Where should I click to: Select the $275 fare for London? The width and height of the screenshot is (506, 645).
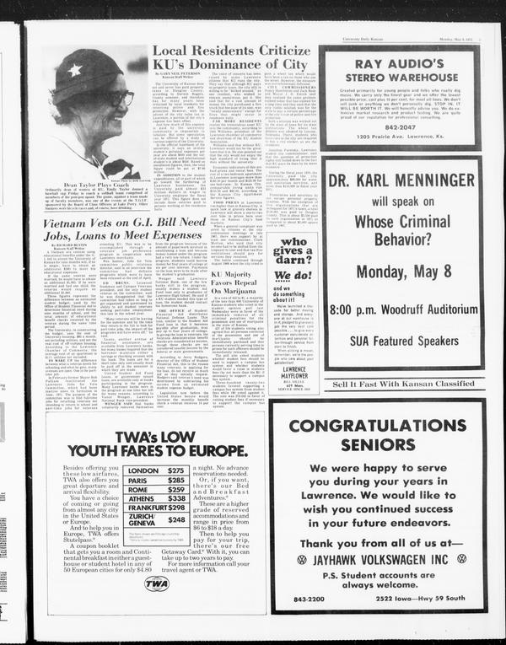[x=175, y=470]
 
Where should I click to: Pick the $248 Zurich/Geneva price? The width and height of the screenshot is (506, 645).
[x=176, y=520]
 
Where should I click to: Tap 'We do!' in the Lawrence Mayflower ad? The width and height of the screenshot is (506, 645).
[x=294, y=275]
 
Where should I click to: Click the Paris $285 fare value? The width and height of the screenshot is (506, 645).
[x=175, y=481]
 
